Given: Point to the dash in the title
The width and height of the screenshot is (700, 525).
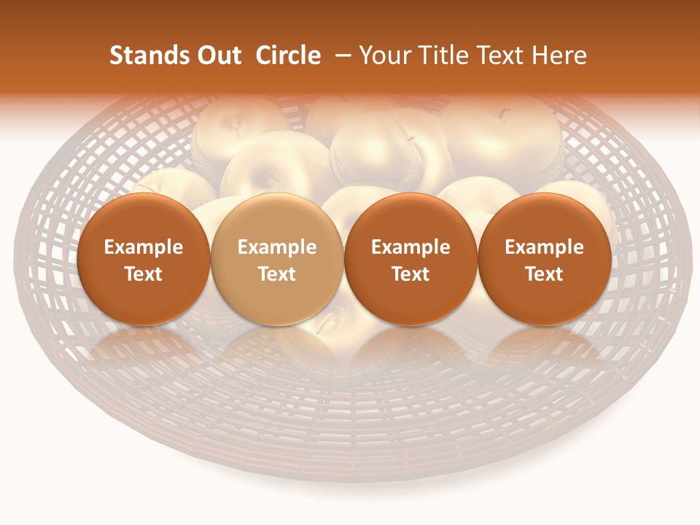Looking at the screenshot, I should (x=340, y=57).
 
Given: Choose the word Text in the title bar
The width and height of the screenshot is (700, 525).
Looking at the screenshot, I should (x=496, y=55).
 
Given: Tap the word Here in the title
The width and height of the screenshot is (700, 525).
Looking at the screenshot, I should (x=558, y=55).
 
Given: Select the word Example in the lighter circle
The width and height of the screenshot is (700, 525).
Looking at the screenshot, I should (x=277, y=247).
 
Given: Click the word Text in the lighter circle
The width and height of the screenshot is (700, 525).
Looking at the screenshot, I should (x=277, y=274).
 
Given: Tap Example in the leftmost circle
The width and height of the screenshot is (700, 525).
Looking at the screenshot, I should (x=143, y=247).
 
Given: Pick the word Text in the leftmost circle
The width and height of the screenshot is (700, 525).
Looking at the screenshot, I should (x=143, y=274).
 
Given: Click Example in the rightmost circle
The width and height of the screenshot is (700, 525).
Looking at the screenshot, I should (x=544, y=247).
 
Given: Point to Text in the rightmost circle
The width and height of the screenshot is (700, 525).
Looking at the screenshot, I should (x=544, y=274).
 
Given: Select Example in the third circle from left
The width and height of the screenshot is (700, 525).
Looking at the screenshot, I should (x=411, y=247).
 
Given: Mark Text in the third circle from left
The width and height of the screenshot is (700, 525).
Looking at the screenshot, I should (x=411, y=274).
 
